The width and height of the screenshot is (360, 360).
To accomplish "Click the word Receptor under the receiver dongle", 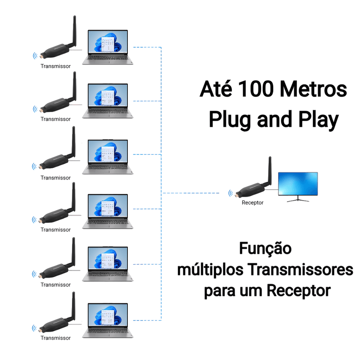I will click(252, 202).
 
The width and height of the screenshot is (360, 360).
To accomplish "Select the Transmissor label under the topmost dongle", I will click(55, 66).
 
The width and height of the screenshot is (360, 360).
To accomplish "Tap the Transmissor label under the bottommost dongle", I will click(55, 338).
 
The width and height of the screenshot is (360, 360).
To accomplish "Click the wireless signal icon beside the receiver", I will click(231, 194).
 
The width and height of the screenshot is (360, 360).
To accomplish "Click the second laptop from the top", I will click(108, 101).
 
